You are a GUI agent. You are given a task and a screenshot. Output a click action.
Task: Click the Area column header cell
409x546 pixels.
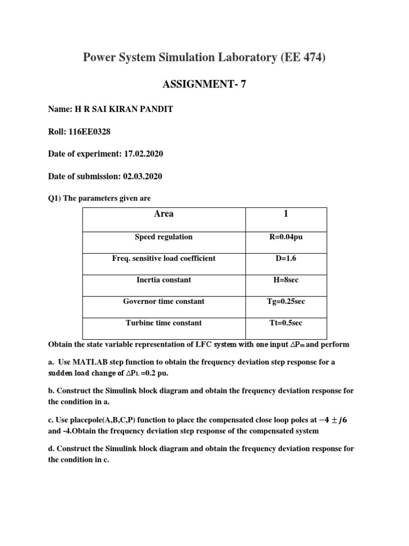point(163,214)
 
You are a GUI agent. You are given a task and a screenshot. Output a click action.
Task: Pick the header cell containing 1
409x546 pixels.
point(286,214)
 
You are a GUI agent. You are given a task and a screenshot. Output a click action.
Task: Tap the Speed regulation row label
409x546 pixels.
point(163,237)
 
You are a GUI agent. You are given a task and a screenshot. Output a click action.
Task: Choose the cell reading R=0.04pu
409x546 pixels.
point(286,237)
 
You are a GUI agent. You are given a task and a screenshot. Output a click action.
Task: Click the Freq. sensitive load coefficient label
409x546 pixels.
point(163,258)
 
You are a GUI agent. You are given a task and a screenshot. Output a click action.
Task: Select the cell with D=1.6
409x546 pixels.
point(286,258)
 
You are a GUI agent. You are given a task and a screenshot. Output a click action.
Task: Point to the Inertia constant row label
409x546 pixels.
point(163,280)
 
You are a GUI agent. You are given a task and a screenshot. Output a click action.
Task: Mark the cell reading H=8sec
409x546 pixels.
point(286,280)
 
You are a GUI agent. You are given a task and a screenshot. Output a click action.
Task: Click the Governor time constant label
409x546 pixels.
point(163,301)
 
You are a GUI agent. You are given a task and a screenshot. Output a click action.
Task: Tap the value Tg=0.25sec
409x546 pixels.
point(286,301)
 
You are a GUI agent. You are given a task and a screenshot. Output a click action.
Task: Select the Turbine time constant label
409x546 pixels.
point(163,323)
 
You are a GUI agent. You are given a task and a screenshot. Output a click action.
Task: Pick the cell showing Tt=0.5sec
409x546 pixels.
point(286,323)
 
